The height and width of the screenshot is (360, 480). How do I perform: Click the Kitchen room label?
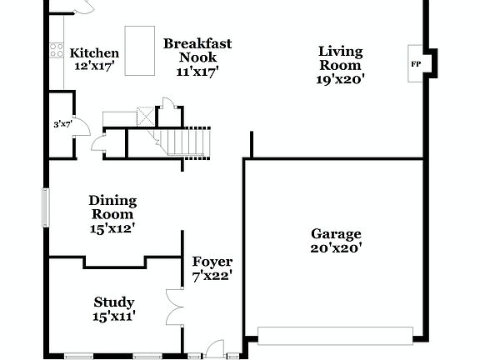(x=93, y=53)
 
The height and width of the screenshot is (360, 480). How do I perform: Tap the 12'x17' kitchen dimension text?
(x=93, y=65)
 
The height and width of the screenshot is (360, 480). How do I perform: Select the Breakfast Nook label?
(x=197, y=50)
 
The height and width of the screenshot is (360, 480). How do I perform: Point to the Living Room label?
(x=340, y=58)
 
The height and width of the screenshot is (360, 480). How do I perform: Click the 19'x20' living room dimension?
(x=340, y=79)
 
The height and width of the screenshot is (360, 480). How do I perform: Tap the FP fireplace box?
(x=416, y=63)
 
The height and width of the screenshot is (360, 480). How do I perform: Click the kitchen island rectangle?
(x=139, y=51)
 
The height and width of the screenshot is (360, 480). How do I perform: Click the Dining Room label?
(x=112, y=207)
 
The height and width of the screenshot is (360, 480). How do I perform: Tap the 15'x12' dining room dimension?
(x=112, y=227)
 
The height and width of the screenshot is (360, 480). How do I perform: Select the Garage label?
(x=336, y=234)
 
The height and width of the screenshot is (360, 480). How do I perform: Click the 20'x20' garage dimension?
(x=336, y=247)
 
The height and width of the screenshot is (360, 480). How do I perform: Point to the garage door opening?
(x=335, y=335)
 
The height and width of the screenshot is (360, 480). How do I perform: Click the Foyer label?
(x=212, y=262)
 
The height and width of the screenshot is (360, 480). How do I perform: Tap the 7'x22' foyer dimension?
(x=212, y=274)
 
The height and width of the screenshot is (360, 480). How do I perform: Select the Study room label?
(x=114, y=302)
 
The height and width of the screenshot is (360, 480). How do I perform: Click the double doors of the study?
(x=174, y=307)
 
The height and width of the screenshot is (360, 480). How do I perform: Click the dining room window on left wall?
(x=47, y=206)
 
